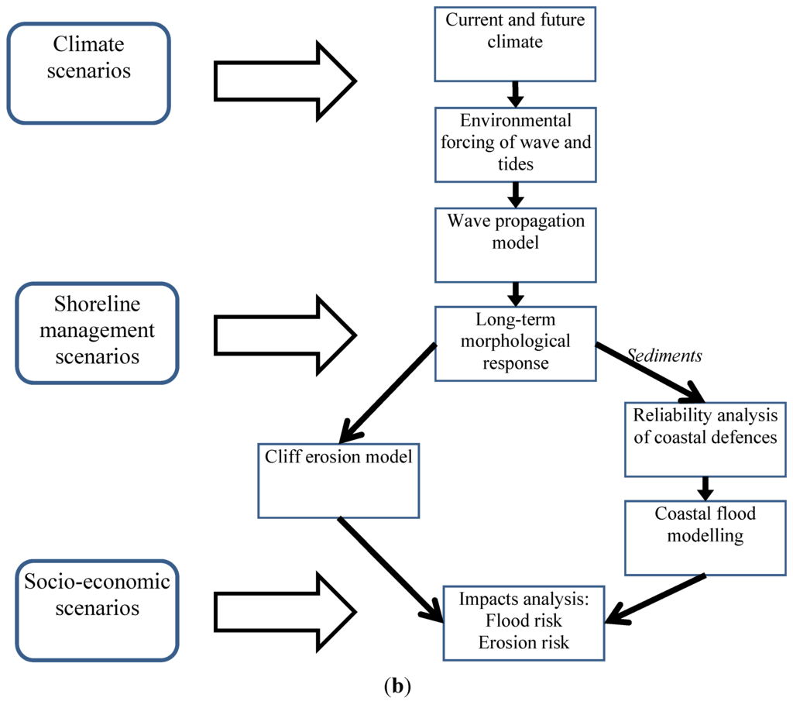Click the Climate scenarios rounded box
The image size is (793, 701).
click(88, 73)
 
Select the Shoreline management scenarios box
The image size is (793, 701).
click(97, 333)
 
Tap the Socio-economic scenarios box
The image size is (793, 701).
click(97, 611)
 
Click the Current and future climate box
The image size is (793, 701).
click(515, 42)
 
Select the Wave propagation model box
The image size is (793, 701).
click(515, 245)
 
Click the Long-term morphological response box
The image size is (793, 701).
click(515, 344)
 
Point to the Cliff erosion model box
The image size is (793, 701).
click(338, 480)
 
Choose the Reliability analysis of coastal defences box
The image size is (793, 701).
click(705, 438)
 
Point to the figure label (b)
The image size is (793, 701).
click(396, 686)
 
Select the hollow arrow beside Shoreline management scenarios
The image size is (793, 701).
click(283, 335)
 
